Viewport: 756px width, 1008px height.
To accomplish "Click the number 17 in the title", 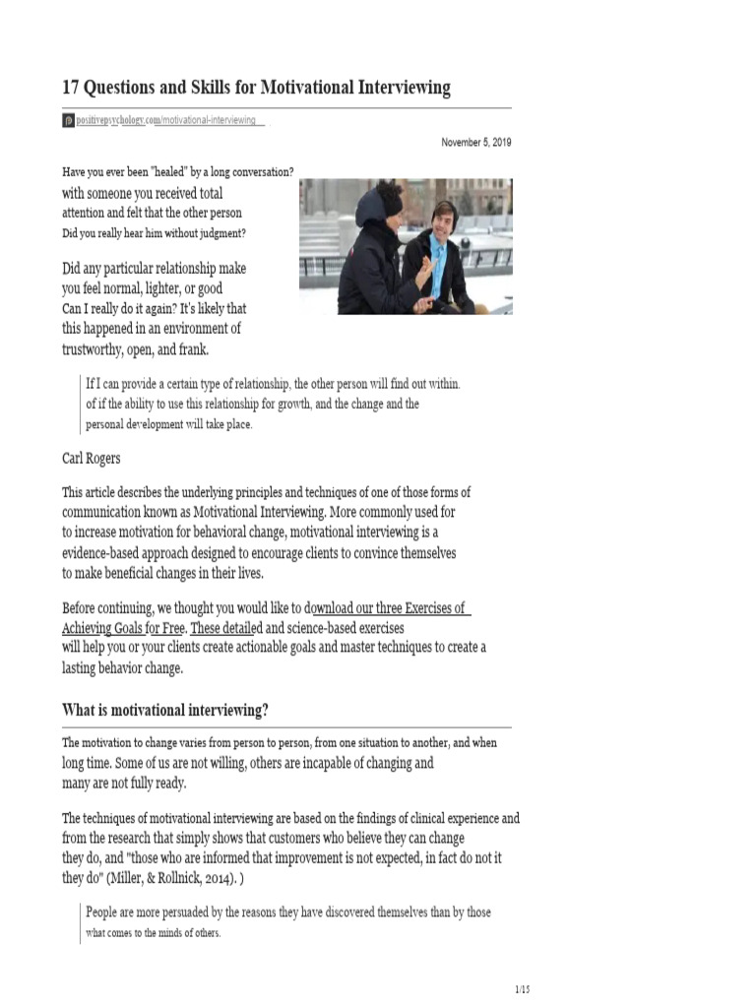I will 72,88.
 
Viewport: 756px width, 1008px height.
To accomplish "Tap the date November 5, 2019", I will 476,143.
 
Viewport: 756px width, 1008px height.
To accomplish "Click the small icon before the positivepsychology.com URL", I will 68,120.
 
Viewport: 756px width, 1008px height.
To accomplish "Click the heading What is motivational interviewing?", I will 165,710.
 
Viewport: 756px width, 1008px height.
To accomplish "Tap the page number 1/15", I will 522,989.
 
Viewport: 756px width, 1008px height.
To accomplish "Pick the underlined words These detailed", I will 226,627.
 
